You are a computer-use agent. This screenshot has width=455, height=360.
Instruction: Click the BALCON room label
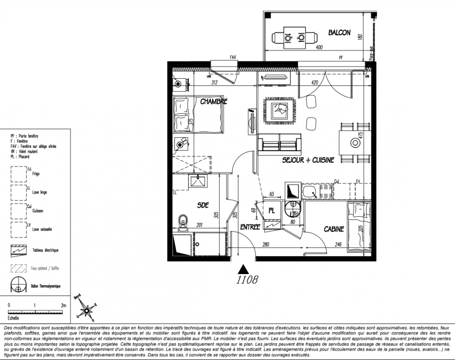(x=339, y=33)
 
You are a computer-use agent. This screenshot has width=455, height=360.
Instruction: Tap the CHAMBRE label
(x=214, y=102)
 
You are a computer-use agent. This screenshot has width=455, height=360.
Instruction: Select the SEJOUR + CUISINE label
(x=308, y=160)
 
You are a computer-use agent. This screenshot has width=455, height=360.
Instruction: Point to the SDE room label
(x=203, y=205)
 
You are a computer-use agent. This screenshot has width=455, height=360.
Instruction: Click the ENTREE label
(x=250, y=227)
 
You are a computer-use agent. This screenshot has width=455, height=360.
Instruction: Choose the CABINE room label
(x=334, y=229)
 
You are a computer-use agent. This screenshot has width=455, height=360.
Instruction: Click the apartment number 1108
(x=247, y=280)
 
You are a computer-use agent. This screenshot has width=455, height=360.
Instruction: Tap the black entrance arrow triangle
(x=243, y=269)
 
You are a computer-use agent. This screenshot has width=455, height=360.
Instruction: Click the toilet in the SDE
(x=183, y=221)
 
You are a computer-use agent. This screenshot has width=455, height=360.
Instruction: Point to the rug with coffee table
(x=281, y=110)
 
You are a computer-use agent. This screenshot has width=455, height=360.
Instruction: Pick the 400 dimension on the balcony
(x=319, y=47)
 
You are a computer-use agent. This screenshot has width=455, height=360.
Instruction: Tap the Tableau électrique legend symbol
(x=18, y=250)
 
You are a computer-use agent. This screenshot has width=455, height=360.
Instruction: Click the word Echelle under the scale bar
(x=13, y=317)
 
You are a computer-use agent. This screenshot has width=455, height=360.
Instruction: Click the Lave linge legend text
(x=40, y=193)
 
